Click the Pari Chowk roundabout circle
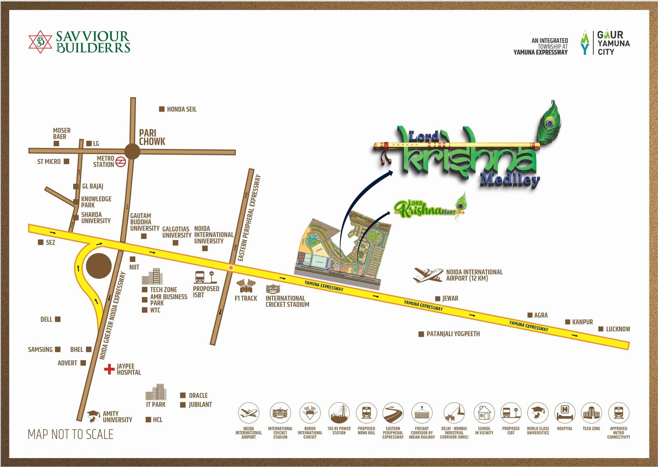coord(132,151)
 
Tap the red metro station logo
coord(120,162)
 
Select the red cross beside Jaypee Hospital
coord(109,369)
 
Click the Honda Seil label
coord(181,109)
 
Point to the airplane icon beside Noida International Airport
coord(427,275)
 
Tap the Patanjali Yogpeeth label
coord(453,334)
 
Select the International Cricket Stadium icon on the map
coord(273,289)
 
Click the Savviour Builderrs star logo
coord(40,42)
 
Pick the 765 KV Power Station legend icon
coord(339,413)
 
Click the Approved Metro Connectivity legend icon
coord(619,413)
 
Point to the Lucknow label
coord(618,329)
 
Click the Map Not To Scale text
coord(70,434)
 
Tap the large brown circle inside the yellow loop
coord(99,266)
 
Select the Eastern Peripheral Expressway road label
coord(250,218)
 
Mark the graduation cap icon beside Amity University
coord(94,416)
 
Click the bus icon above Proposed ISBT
coord(199,276)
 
